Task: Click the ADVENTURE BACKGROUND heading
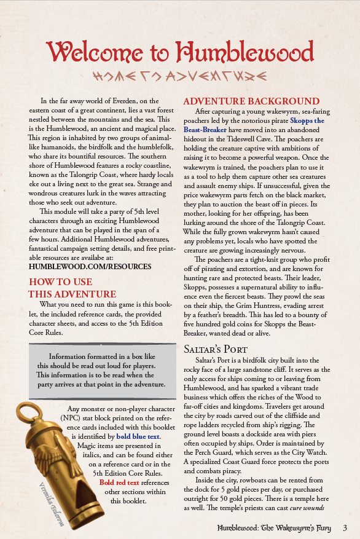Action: pos(251,101)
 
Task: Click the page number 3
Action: pos(345,528)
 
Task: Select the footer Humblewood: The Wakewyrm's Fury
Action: pos(276,528)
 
